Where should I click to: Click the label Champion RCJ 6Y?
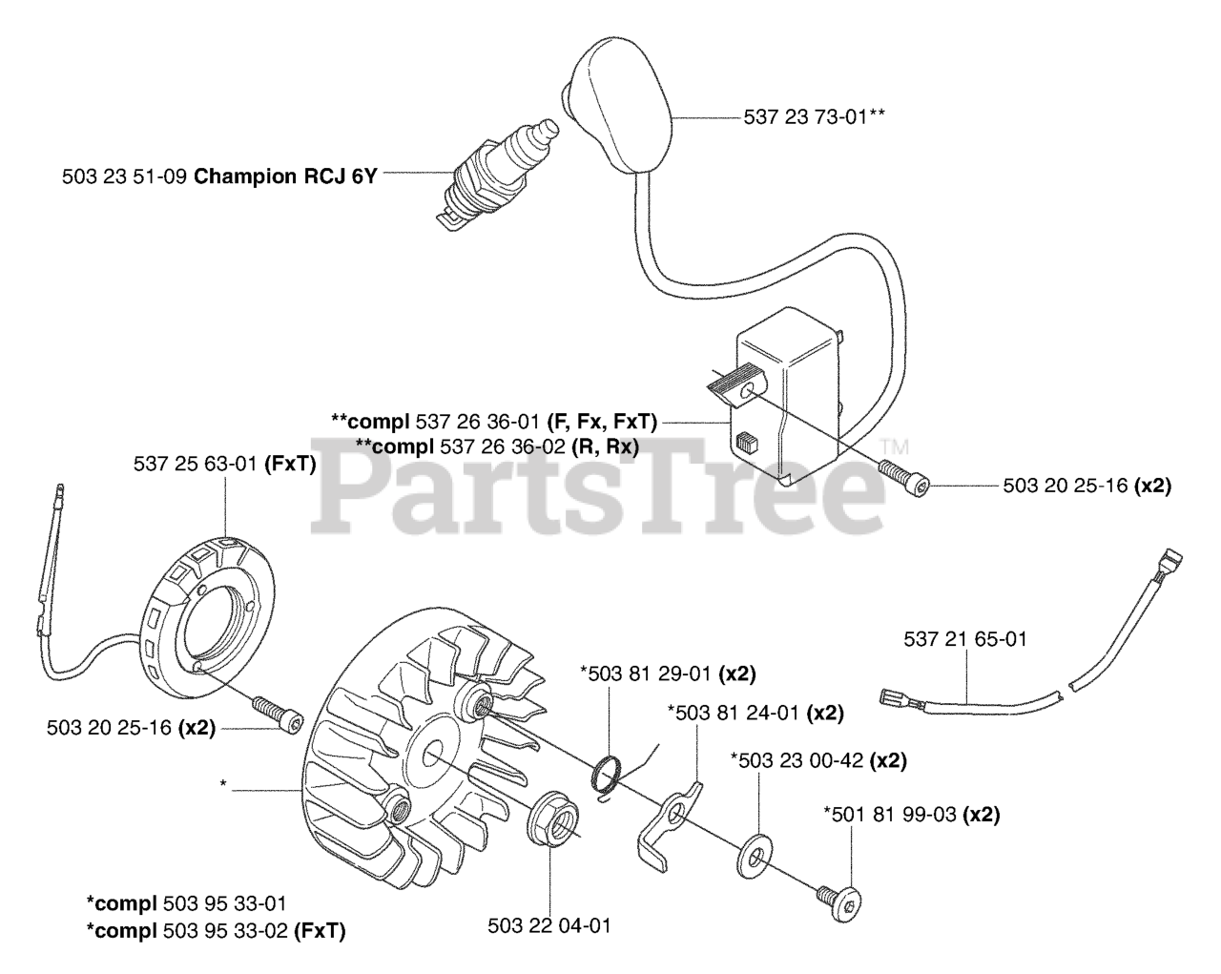(285, 176)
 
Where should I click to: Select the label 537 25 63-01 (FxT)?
(225, 464)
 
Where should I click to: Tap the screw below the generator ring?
(277, 713)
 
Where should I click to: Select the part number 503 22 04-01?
(548, 925)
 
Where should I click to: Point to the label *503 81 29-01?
(668, 674)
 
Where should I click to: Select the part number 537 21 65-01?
(965, 639)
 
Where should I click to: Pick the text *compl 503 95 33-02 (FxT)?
(216, 930)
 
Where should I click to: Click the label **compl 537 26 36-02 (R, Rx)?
(496, 446)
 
